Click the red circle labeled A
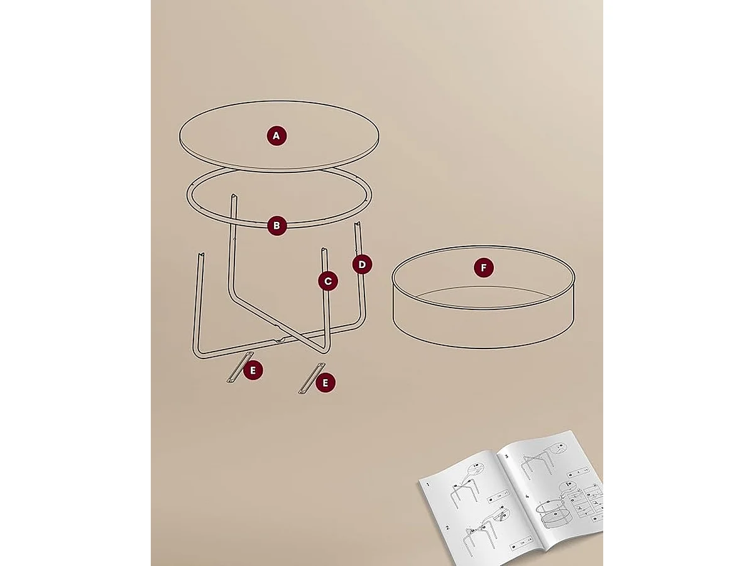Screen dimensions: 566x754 pos(276,136)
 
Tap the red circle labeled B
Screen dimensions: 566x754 pos(276,226)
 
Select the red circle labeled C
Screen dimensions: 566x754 pos(328,281)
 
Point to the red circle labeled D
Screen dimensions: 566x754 pos(362,265)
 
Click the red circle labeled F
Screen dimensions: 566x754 pos(483,269)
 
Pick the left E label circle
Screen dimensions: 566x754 pos(253,370)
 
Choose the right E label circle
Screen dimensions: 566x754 pos(325,382)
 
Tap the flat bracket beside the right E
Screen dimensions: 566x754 pos(309,379)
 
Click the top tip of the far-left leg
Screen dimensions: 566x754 pos(200,255)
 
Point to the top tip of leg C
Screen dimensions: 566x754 pos(323,250)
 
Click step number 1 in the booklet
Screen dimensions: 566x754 pos(429,485)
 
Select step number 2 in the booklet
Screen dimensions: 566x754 pos(447,528)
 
